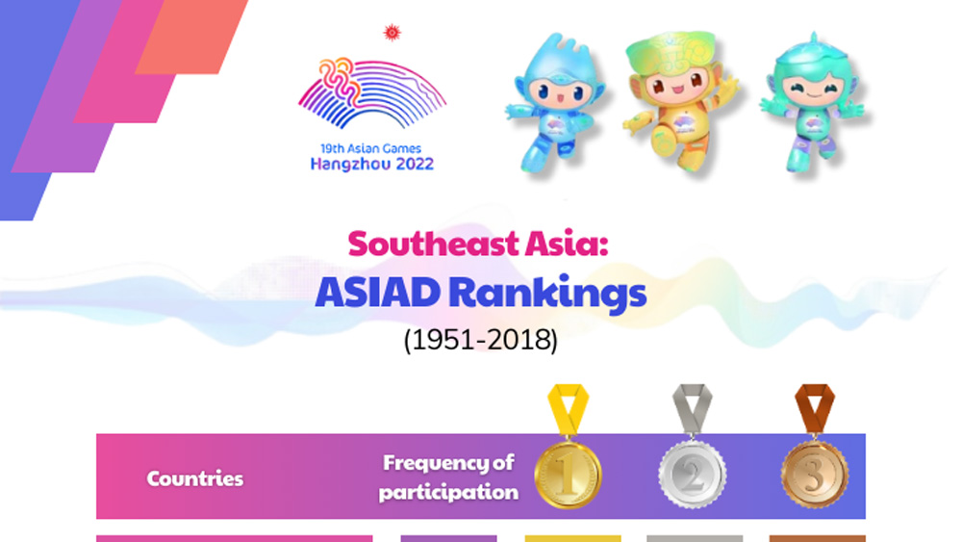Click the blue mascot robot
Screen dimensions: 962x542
click(555, 102)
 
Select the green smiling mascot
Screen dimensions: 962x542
click(813, 101)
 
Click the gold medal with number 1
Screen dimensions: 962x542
click(569, 474)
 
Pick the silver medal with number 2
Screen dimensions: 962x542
click(692, 474)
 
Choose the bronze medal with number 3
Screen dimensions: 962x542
click(814, 474)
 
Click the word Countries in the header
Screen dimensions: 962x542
click(194, 478)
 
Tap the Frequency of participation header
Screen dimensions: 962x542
click(448, 477)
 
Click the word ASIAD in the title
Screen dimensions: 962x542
click(377, 293)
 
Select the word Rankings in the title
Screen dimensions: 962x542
click(547, 295)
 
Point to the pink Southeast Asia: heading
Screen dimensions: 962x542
click(478, 243)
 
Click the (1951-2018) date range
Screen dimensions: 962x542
click(480, 340)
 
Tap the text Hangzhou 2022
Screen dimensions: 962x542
click(371, 165)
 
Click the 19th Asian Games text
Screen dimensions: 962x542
click(370, 148)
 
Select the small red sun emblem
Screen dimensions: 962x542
click(392, 33)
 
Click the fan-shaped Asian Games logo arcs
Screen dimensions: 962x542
click(371, 93)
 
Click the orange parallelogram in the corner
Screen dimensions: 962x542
click(191, 37)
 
